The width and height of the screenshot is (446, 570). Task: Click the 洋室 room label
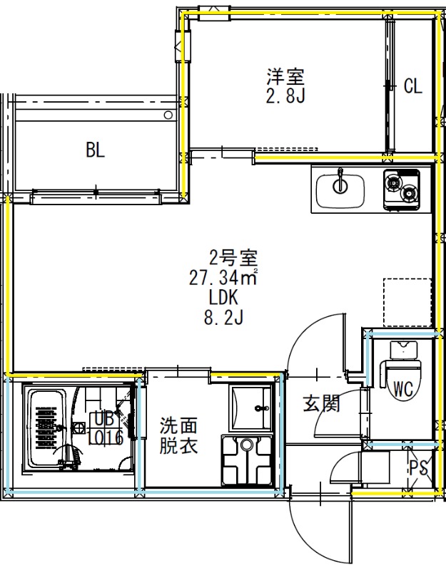286,76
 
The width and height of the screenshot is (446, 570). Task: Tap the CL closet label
413,86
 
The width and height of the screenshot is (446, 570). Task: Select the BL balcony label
96,150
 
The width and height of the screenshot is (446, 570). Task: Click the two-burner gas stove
401,190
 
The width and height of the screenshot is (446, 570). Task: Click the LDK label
223,297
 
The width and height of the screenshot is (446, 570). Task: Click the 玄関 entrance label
322,403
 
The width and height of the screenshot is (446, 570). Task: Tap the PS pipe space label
419,468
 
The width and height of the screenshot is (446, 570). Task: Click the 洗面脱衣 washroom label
178,435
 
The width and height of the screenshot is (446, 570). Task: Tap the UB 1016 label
106,429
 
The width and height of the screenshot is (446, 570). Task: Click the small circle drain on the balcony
168,115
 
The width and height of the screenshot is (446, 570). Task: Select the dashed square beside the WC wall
407,302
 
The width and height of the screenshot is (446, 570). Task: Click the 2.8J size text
286,95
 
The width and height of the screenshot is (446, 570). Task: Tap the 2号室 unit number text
233,258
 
